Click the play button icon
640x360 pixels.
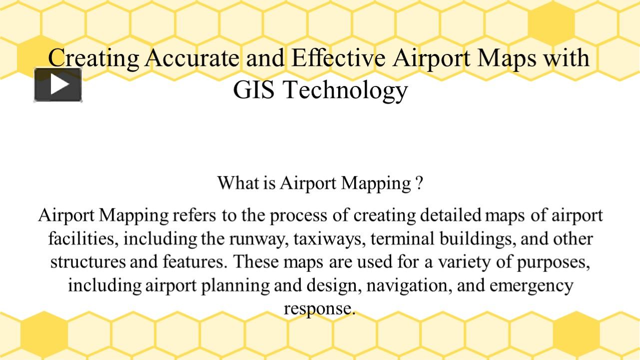point(58,84)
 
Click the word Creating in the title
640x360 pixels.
point(94,58)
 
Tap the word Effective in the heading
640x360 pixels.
point(338,58)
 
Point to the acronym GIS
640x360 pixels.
point(254,90)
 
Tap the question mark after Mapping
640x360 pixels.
point(419,183)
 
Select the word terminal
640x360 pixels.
point(403,238)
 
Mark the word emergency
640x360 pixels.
point(531,285)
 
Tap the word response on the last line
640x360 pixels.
point(319,308)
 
